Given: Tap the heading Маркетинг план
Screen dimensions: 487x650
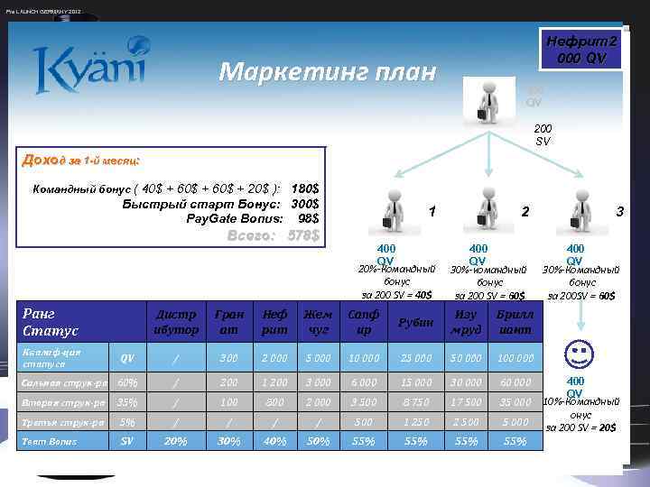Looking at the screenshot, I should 327,71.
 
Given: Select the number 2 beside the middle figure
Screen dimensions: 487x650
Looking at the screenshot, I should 525,211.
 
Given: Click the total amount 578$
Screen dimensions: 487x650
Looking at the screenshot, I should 302,236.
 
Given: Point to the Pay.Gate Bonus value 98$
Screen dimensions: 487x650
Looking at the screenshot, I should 307,219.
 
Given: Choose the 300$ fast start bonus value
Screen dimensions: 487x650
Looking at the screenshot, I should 304,204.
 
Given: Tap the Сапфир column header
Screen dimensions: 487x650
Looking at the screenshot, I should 365,322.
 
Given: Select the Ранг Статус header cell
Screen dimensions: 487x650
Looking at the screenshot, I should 54,322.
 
